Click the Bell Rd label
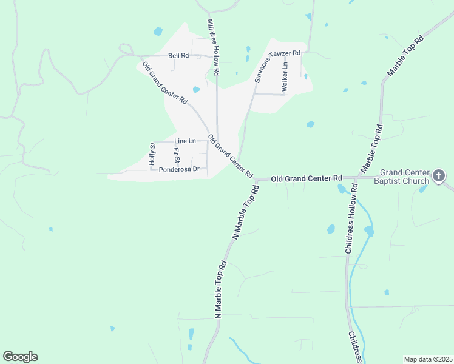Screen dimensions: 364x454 [178, 55]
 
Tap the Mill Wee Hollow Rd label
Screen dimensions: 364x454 [213, 47]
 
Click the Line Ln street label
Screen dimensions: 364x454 [185, 141]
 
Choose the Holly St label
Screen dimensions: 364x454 [152, 154]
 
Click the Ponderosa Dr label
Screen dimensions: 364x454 [179, 169]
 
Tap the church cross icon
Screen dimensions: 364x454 [439, 177]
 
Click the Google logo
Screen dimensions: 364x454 [20, 357]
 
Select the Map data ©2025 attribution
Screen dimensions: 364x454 [427, 359]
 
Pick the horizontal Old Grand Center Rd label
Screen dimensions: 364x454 [306, 178]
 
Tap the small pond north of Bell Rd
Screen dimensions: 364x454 [158, 31]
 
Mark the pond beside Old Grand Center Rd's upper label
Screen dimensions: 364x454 [196, 90]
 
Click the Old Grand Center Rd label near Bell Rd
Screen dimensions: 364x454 [164, 84]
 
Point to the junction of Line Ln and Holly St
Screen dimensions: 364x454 [152, 141]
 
